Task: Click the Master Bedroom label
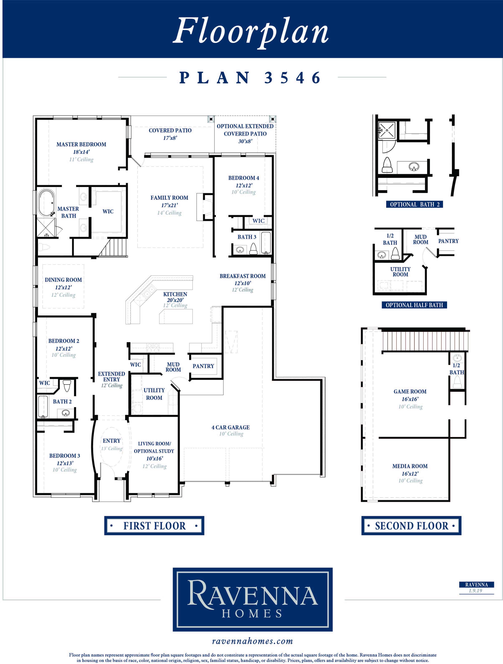coord(81,144)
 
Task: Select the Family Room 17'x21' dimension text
coord(169,205)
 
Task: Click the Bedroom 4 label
coord(244,178)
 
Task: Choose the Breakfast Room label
coord(243,276)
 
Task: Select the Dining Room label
coord(63,280)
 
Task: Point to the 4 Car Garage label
coord(231,427)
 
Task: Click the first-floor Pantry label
coord(203,366)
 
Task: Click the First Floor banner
coord(154,526)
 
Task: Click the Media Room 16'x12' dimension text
coord(410,474)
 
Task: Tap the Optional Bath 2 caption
coord(414,204)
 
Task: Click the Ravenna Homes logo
coord(253,599)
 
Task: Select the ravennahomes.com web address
coord(252,641)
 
